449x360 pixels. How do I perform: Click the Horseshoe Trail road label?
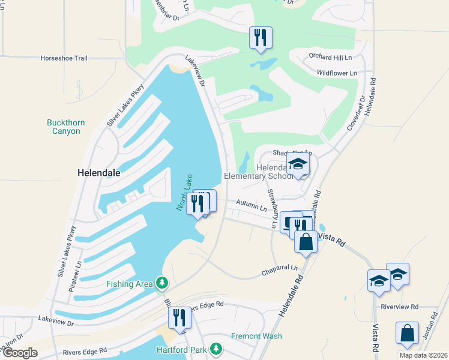point(64,58)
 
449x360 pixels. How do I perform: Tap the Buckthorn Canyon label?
point(66,127)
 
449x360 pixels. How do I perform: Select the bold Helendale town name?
point(98,172)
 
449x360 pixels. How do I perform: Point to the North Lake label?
point(184,192)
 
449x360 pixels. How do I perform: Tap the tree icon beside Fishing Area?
point(161,283)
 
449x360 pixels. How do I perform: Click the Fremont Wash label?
point(257,336)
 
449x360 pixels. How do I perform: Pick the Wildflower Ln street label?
point(337,73)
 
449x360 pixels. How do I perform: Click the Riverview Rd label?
point(399,307)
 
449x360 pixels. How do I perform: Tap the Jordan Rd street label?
point(429,326)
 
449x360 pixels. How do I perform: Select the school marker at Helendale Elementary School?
point(298,164)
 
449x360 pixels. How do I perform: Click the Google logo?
point(20,353)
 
